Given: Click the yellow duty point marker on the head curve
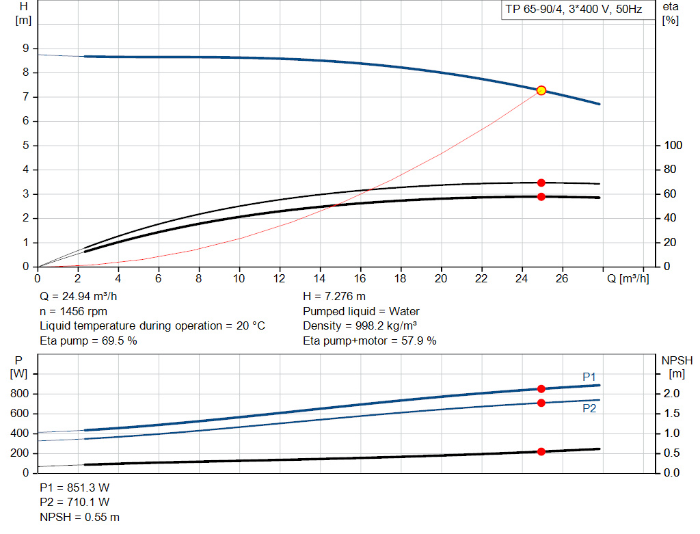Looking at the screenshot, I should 541,90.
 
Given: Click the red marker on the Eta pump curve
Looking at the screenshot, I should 541,183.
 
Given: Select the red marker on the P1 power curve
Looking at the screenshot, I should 541,388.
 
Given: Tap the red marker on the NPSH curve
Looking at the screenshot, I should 541,451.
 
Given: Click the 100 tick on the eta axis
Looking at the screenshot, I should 673,146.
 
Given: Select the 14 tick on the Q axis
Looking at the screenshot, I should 320,278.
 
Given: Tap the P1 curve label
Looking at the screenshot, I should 589,377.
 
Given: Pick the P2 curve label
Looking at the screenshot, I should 589,408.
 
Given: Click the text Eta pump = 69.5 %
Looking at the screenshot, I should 88,341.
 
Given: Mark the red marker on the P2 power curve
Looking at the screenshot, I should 541,403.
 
